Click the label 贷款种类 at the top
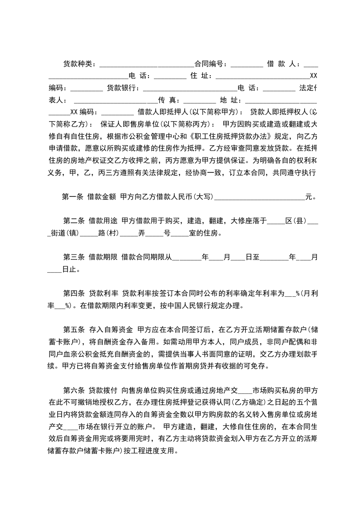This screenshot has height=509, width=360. (x=78, y=64)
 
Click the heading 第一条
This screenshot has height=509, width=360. (x=73, y=197)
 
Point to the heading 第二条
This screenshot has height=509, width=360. (x=74, y=221)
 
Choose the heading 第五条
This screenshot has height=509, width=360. (x=74, y=330)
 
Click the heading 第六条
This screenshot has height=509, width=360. (x=74, y=378)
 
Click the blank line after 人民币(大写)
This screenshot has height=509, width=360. (x=259, y=197)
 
